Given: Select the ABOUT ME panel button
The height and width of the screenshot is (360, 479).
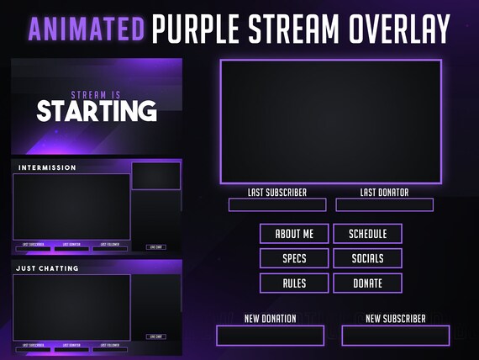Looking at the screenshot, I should [x=294, y=233].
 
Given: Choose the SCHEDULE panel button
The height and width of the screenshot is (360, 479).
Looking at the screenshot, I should [x=367, y=233].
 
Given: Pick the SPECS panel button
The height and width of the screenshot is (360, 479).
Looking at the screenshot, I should [x=294, y=258].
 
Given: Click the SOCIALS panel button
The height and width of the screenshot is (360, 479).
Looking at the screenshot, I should [x=367, y=258].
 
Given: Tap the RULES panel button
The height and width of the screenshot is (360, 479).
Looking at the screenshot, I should [x=294, y=283].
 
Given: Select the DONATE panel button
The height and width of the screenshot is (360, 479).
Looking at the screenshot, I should [x=367, y=283].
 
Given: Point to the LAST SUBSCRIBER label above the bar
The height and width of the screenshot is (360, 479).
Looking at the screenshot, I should [x=276, y=193].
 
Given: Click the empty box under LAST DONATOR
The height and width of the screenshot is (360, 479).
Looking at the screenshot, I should [x=384, y=205].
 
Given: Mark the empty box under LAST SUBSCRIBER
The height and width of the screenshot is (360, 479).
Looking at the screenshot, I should [x=277, y=205].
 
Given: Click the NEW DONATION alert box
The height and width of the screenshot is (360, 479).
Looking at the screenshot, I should [x=270, y=336].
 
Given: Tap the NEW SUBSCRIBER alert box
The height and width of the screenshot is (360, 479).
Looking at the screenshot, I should [x=395, y=336].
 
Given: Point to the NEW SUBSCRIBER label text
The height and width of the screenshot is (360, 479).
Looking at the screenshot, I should [x=395, y=319].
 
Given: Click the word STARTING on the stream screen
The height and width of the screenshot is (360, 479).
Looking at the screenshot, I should [x=96, y=111].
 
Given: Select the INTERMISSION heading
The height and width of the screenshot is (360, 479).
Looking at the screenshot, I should [x=47, y=167].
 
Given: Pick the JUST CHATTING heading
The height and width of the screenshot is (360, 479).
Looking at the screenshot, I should [x=48, y=268].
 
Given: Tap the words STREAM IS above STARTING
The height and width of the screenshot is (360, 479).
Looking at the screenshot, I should [x=97, y=95].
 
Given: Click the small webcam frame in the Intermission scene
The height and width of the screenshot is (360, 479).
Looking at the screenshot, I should [x=155, y=176].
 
